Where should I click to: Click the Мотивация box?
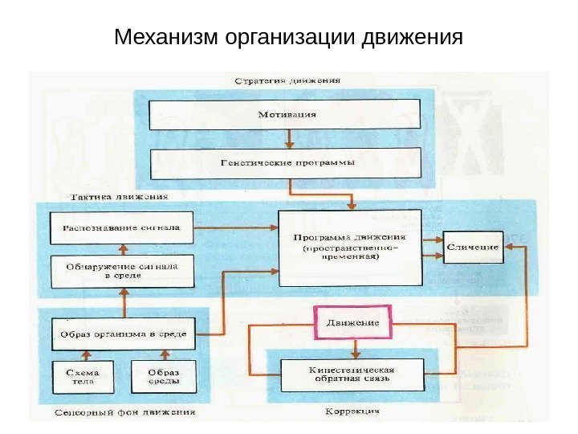[287, 114]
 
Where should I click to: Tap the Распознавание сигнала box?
[122, 227]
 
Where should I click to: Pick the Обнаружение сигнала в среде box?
[122, 270]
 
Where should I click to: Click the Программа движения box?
[349, 248]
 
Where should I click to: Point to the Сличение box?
[472, 248]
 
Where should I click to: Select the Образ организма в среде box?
[123, 334]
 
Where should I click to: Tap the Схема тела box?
[83, 377]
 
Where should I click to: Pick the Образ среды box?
[163, 377]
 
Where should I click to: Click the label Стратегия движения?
[287, 80]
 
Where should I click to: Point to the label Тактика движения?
[120, 196]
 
